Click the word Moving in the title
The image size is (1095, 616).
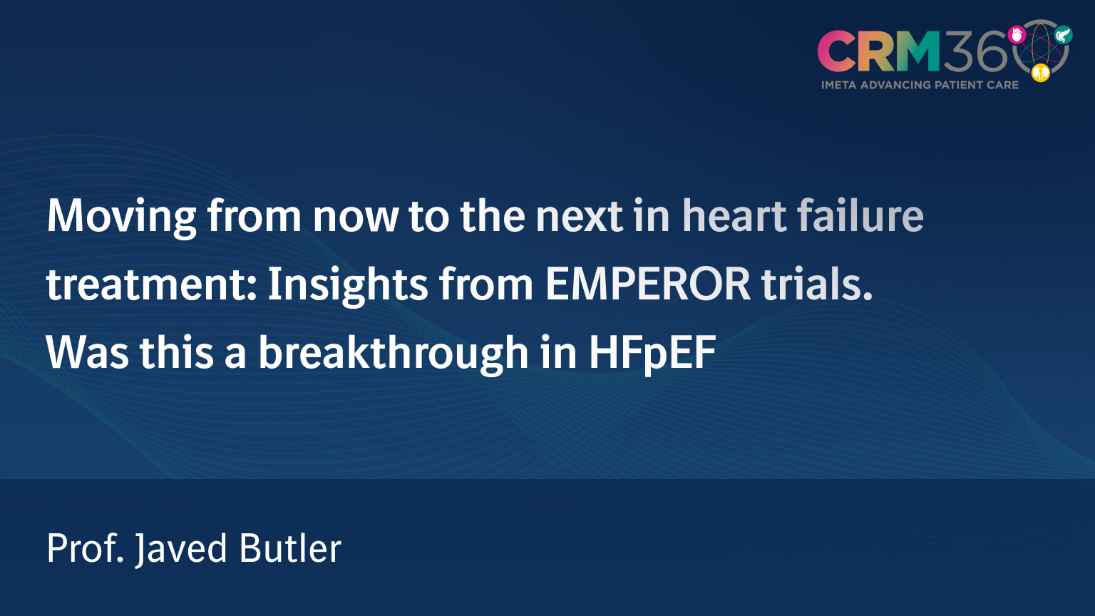pos(121,216)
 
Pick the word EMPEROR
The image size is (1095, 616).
pos(648,284)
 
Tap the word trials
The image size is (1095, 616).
pos(817,284)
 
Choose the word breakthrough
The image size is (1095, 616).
pos(393,352)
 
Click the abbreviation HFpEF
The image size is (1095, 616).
pos(652,352)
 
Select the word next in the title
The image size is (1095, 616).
pos(579,216)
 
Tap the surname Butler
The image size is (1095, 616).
pos(290,548)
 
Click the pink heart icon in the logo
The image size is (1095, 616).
pos(1017,35)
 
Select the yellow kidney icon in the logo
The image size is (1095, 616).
pos(1041,72)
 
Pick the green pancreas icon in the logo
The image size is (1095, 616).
pos(1063,34)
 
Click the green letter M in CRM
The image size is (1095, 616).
pos(915,51)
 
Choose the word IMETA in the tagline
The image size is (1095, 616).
pos(838,85)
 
